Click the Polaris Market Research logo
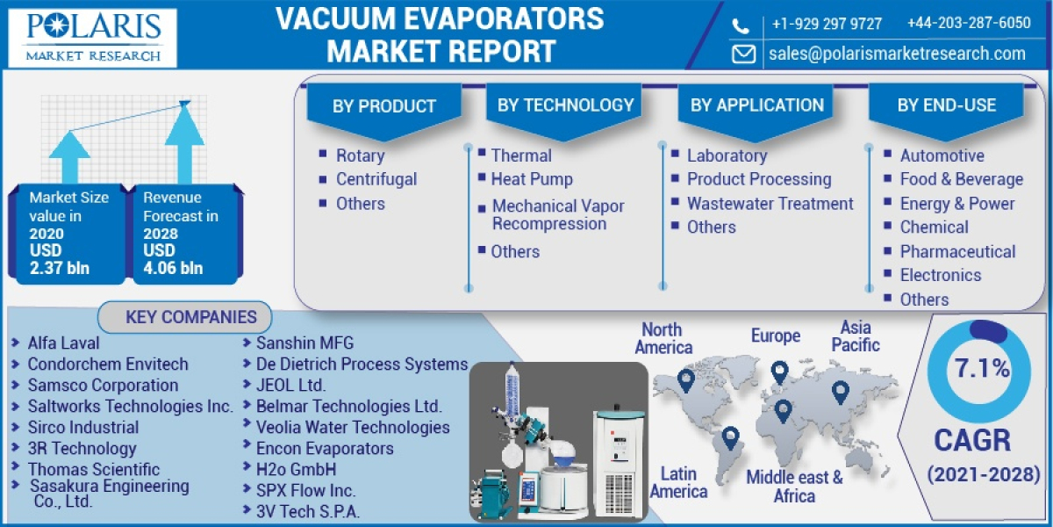92,38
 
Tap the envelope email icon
744,54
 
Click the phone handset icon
742,25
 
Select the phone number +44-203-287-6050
969,24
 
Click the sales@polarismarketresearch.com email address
897,54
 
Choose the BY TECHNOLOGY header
565,105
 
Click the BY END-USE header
946,105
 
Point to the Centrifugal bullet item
376,179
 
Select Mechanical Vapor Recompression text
558,215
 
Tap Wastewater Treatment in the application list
770,204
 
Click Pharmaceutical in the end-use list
957,251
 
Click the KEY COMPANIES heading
190,317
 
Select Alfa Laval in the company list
63,343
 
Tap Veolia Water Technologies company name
353,428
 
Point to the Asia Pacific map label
856,336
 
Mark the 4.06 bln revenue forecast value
174,268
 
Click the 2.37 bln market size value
60,268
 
